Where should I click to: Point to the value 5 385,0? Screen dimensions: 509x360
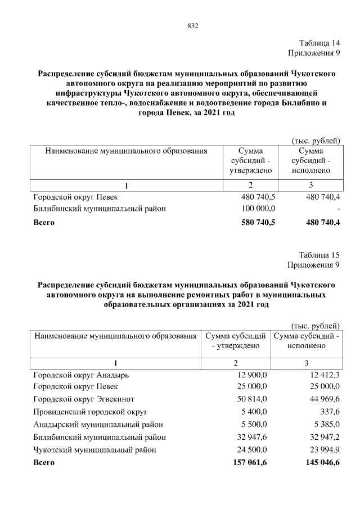pos(326,424)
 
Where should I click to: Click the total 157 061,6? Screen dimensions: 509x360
pos(250,462)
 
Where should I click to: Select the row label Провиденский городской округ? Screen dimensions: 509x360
pos(91,411)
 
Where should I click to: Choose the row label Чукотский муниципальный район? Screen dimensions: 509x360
pos(94,449)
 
